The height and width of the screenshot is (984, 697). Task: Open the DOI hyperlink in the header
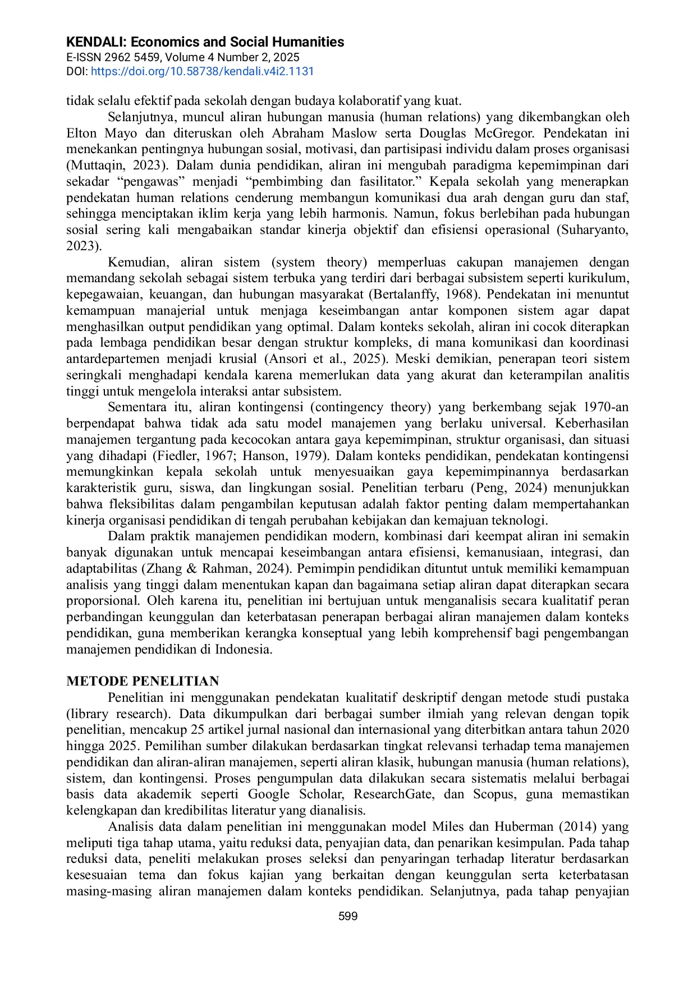202,71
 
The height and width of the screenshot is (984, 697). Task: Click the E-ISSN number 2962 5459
132,57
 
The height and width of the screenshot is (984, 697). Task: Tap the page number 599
348,916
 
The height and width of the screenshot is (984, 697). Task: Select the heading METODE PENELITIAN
143,681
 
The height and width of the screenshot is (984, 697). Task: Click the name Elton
81,133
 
